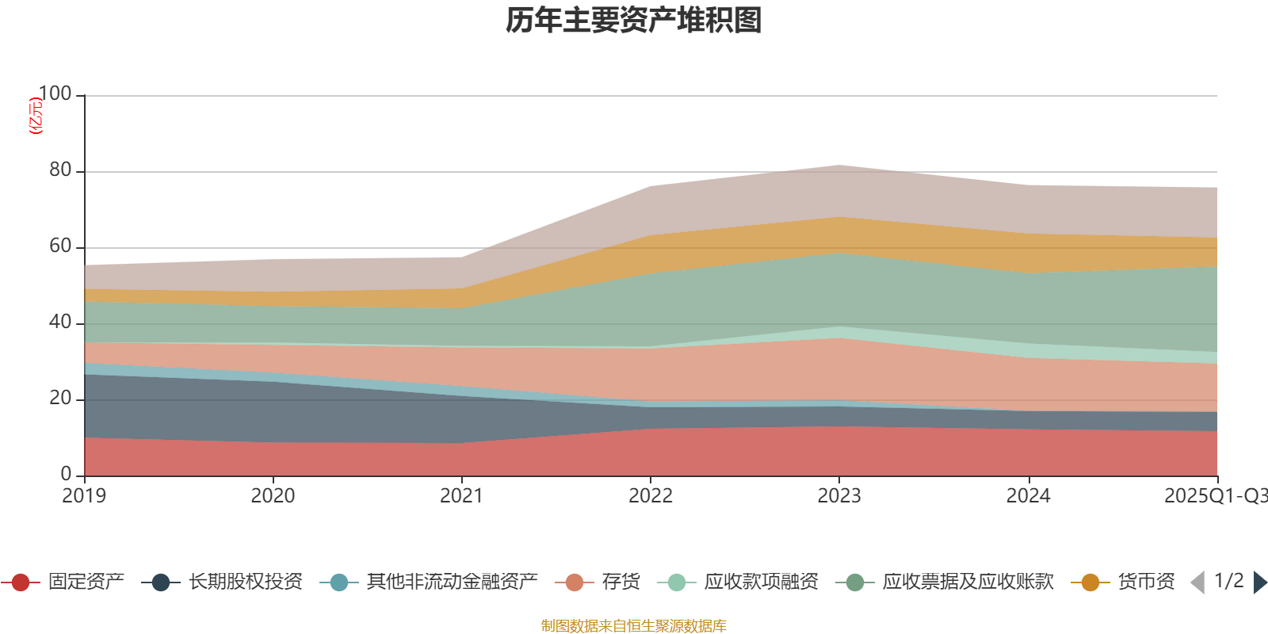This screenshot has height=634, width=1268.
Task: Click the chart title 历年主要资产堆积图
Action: click(x=633, y=21)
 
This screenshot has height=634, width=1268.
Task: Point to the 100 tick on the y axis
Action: click(x=55, y=94)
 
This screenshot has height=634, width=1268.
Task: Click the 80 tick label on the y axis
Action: click(x=59, y=170)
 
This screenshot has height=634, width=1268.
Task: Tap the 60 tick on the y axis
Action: click(x=59, y=246)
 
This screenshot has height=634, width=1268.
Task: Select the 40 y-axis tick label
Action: click(x=59, y=323)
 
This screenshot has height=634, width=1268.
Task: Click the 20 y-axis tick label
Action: click(x=59, y=399)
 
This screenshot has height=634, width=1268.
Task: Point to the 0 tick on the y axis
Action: click(x=66, y=474)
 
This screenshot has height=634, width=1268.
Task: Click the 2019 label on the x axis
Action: click(x=84, y=496)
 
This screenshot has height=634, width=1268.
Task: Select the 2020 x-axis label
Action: click(x=273, y=496)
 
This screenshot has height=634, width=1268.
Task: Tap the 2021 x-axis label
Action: click(x=461, y=496)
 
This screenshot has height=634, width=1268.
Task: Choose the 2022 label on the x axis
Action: click(x=650, y=496)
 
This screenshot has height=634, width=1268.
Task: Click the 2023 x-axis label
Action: click(x=839, y=496)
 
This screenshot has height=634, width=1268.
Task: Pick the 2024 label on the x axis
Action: click(x=1028, y=496)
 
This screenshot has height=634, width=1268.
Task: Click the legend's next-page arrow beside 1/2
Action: click(x=1259, y=582)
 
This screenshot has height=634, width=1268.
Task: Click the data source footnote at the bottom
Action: click(x=633, y=626)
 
